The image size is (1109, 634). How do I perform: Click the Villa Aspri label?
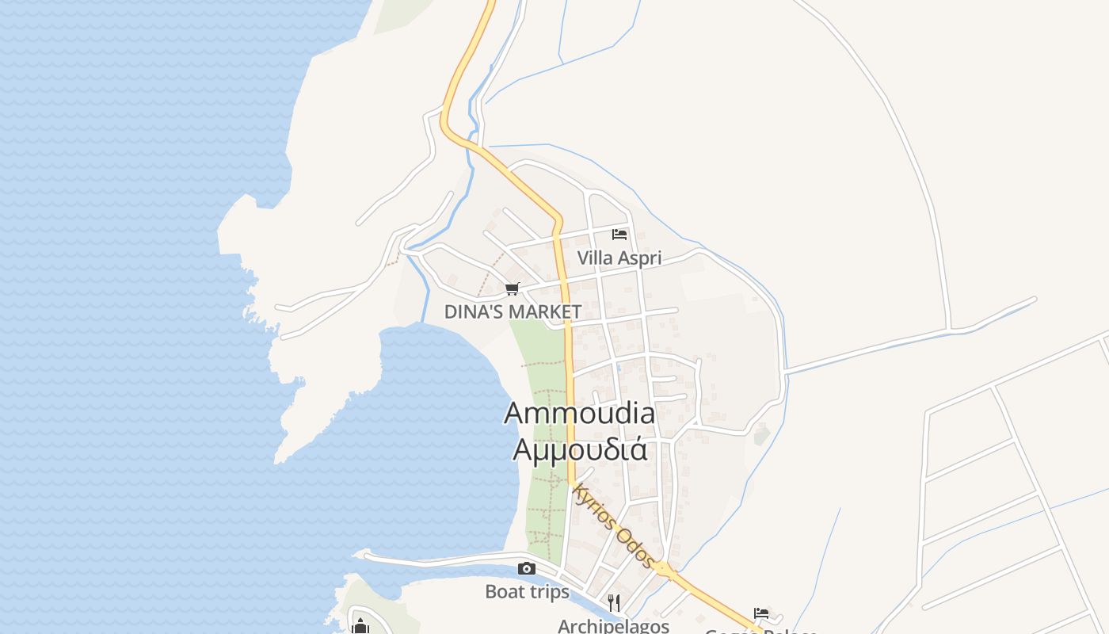pos(619,258)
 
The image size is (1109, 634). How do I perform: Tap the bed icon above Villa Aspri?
pos(619,235)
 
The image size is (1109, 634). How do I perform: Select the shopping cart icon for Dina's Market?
pos(513,289)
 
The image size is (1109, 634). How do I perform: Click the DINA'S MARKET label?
pos(513,311)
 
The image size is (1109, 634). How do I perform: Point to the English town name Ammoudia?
pos(579,413)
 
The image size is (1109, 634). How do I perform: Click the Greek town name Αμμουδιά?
pos(580,449)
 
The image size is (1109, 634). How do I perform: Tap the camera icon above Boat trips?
pos(526,568)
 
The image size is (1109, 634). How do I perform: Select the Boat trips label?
pos(527,592)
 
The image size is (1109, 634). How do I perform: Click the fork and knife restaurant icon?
pos(613,603)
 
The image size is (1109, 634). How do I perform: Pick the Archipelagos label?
pos(613,626)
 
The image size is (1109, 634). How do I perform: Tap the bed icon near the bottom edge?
pos(761,613)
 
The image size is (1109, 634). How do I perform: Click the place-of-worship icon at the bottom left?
pos(360,626)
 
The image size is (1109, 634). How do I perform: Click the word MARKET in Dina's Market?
pos(546,311)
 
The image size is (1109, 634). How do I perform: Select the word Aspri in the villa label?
pos(640,258)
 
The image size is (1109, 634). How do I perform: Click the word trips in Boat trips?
pos(548,592)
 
